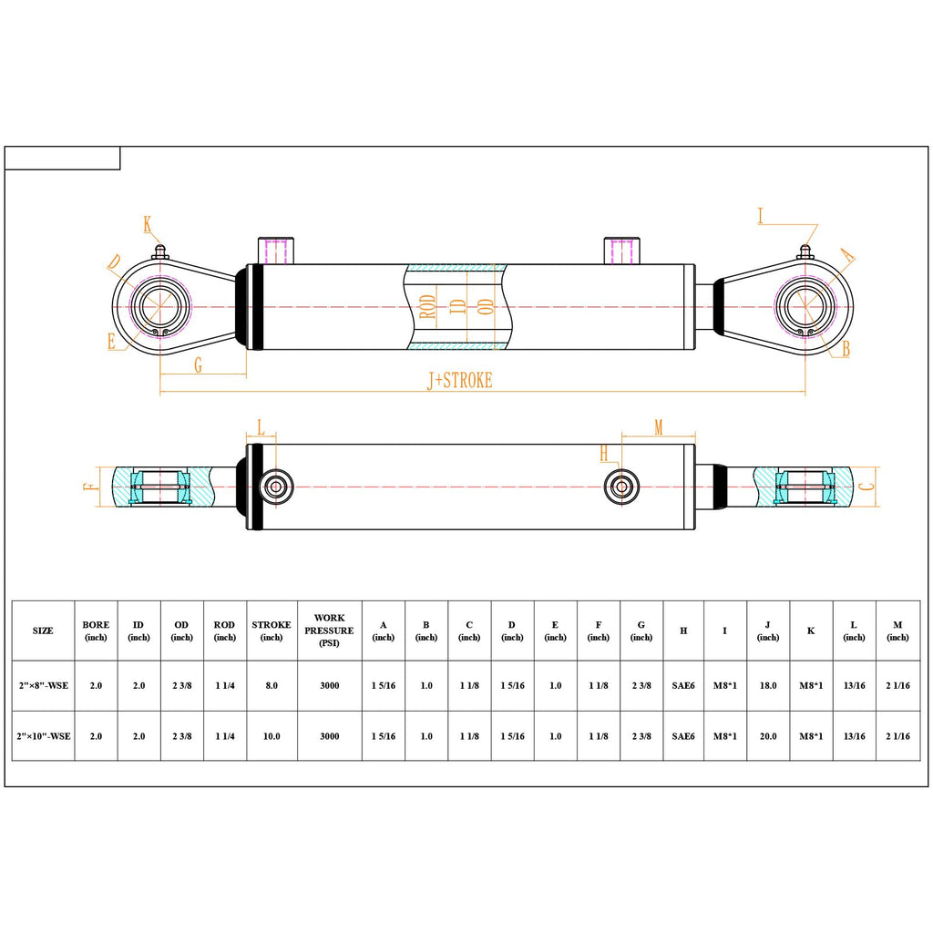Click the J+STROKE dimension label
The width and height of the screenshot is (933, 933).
tap(460, 380)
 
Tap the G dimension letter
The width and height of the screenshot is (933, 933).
tap(198, 364)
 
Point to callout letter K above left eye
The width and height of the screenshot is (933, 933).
tap(148, 225)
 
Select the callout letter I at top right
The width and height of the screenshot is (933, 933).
tap(761, 216)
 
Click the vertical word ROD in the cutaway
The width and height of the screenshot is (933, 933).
tap(428, 307)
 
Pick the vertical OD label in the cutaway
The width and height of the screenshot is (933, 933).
tap(487, 307)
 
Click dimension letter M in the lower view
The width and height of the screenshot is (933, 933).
tap(658, 427)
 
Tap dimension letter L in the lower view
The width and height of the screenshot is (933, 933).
tap(261, 427)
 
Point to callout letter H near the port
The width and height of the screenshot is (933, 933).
tap(604, 454)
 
